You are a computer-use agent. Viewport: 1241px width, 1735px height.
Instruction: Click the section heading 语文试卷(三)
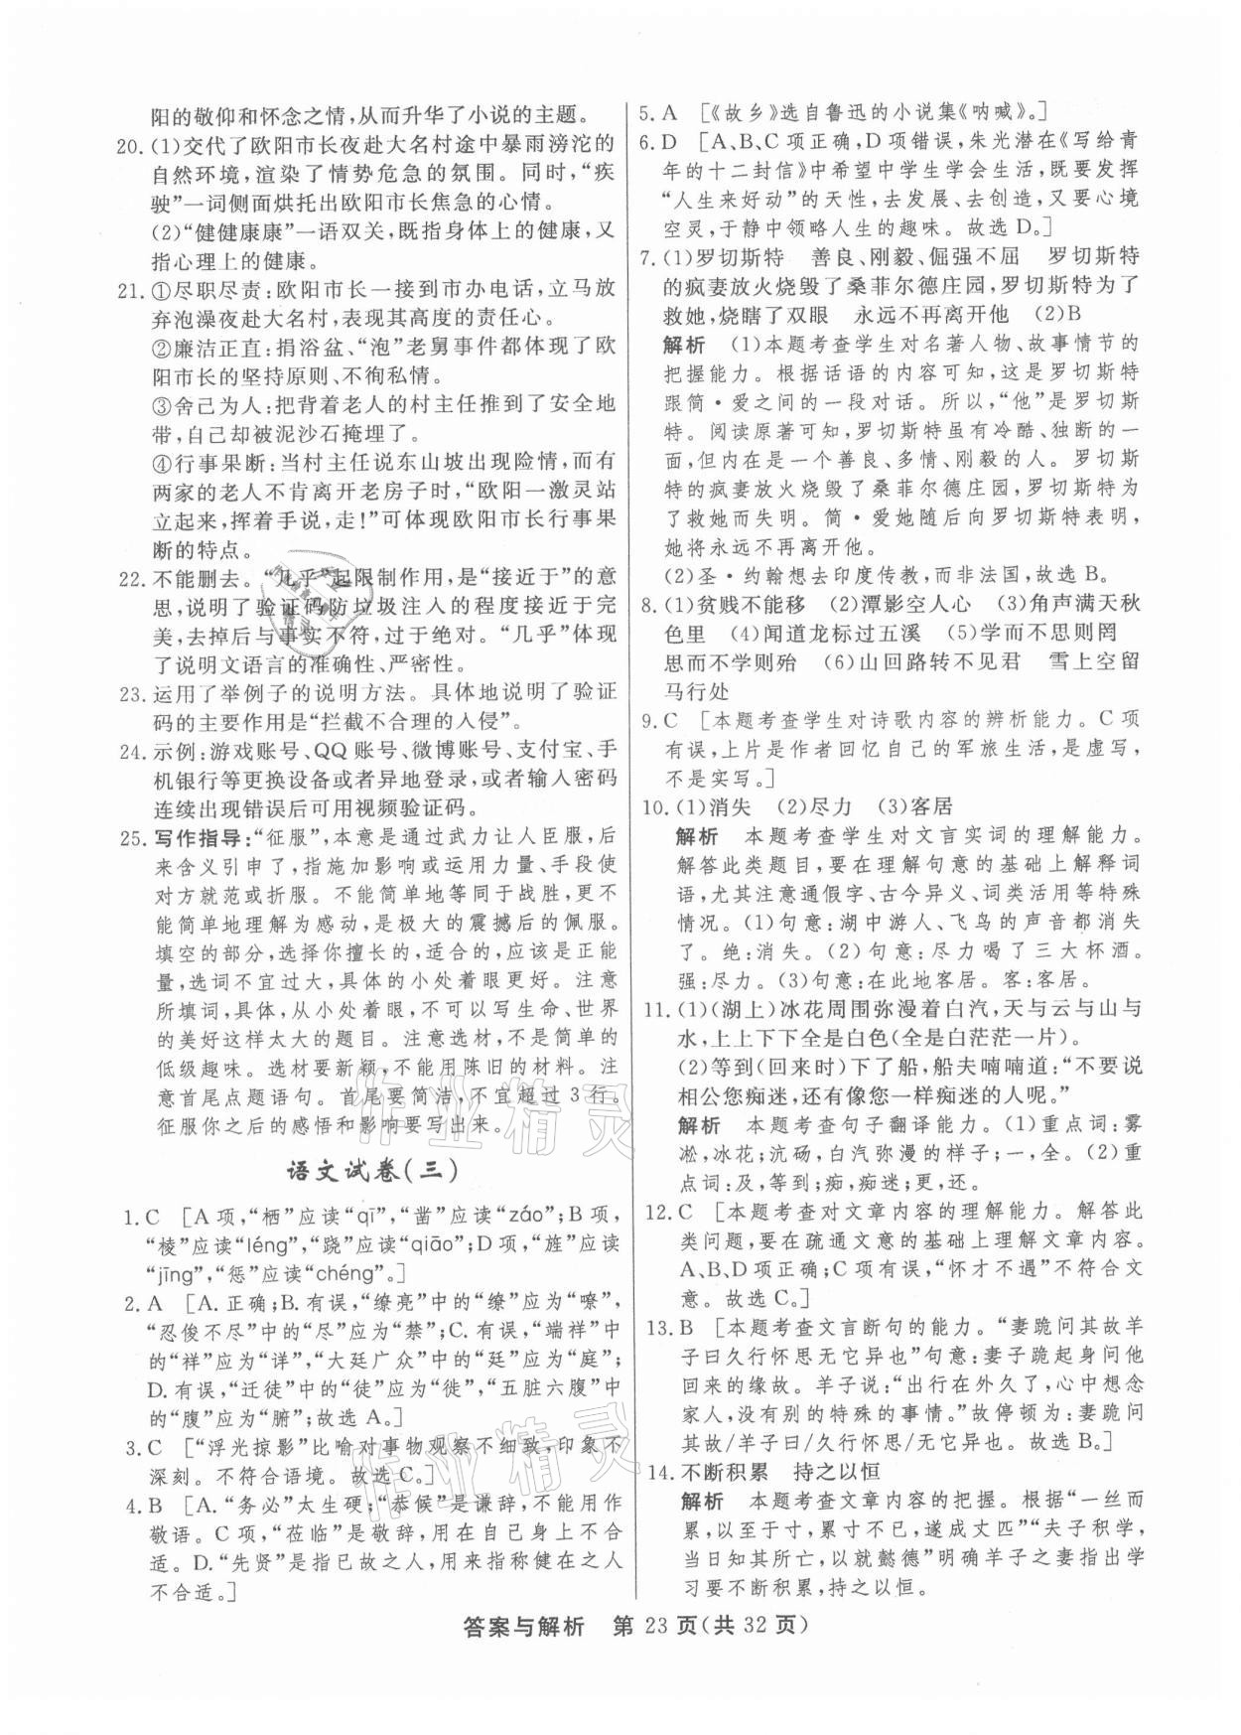(372, 1171)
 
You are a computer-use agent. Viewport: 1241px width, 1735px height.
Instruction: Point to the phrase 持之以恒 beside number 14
(833, 1471)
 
